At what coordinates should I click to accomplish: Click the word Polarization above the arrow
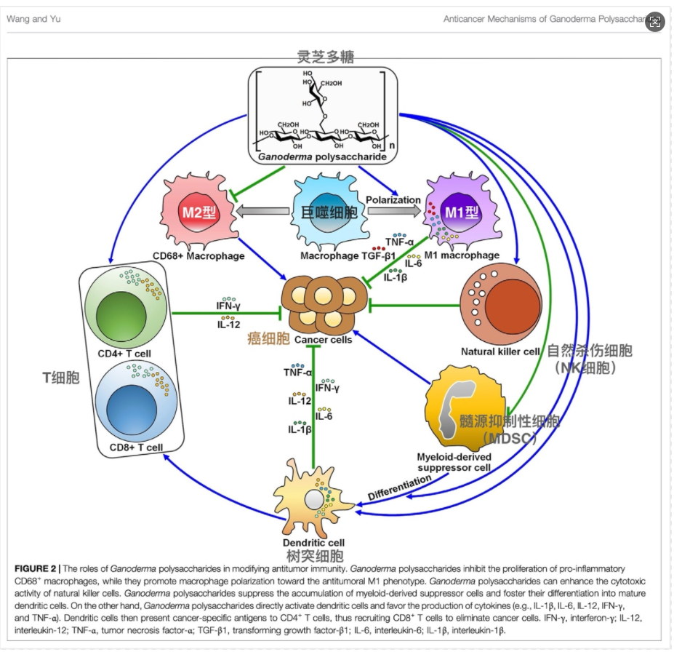(x=393, y=199)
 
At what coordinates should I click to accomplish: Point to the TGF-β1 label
(x=379, y=256)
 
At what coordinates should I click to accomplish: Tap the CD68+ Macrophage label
(x=189, y=255)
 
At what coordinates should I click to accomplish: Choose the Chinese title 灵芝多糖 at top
(x=326, y=57)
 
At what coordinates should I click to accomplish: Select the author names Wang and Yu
(x=34, y=19)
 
